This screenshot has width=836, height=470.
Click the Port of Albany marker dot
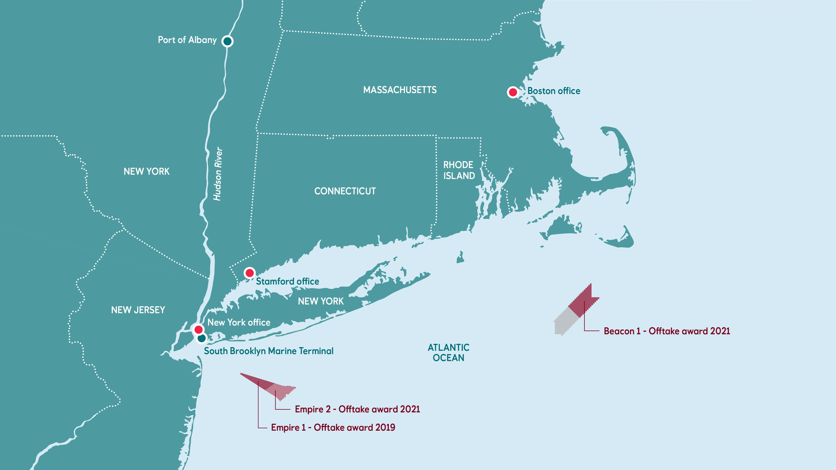pyautogui.click(x=227, y=41)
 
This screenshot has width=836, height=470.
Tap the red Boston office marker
pyautogui.click(x=513, y=92)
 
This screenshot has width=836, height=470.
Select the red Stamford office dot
pyautogui.click(x=249, y=273)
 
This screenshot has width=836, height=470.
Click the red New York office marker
pyautogui.click(x=199, y=329)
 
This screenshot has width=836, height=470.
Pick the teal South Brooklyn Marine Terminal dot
pyautogui.click(x=202, y=338)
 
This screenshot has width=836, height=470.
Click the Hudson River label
pyautogui.click(x=218, y=174)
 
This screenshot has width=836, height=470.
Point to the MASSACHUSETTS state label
pyautogui.click(x=400, y=90)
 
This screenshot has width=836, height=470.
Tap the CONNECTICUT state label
pyautogui.click(x=345, y=191)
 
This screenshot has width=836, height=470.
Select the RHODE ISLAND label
pyautogui.click(x=459, y=170)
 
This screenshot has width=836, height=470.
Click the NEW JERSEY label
pyautogui.click(x=138, y=310)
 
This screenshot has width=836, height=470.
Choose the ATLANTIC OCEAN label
pyautogui.click(x=448, y=352)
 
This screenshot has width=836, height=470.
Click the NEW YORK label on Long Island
pyautogui.click(x=320, y=301)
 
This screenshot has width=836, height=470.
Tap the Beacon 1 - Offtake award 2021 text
pyautogui.click(x=667, y=331)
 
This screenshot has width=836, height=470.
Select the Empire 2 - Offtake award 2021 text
pyautogui.click(x=357, y=409)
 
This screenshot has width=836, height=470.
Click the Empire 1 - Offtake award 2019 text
pyautogui.click(x=333, y=427)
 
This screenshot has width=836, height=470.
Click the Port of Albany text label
pyautogui.click(x=187, y=40)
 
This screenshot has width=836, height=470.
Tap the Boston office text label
pyautogui.click(x=553, y=91)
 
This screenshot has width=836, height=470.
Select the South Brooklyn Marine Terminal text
pyautogui.click(x=269, y=351)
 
